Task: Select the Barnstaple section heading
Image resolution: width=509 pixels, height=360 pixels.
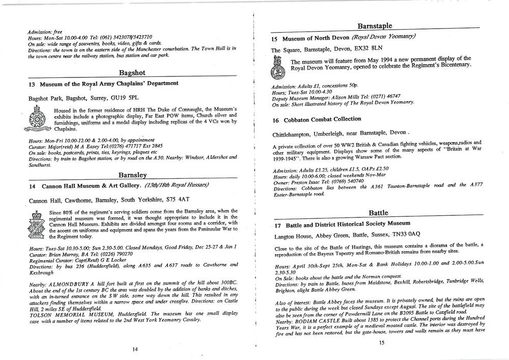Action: click(x=374, y=25)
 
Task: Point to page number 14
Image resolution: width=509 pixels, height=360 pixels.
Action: click(x=134, y=349)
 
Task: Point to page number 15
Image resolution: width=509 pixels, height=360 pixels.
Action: click(x=382, y=342)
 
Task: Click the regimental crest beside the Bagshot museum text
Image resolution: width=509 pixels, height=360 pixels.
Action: click(x=37, y=120)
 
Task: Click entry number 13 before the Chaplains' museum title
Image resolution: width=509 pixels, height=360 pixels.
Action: click(x=32, y=84)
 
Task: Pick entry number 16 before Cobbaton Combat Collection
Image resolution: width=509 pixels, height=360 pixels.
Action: click(x=275, y=120)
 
